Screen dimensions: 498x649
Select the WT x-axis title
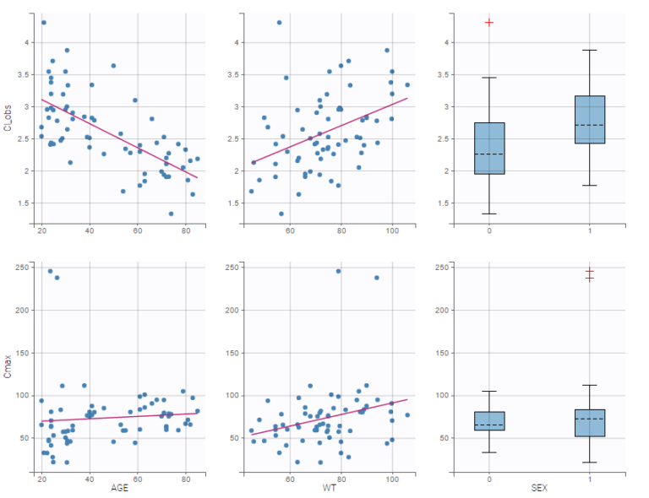pyautogui.click(x=328, y=489)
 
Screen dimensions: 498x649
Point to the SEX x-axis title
pyautogui.click(x=539, y=489)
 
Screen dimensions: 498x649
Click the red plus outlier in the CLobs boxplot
pyautogui.click(x=489, y=22)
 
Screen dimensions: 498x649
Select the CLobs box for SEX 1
pyautogui.click(x=590, y=119)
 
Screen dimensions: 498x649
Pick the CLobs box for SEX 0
pyautogui.click(x=489, y=149)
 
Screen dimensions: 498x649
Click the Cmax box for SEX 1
pyautogui.click(x=590, y=422)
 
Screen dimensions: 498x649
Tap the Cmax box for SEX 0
pyautogui.click(x=489, y=420)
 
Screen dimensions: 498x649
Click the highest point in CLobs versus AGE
pyautogui.click(x=44, y=22)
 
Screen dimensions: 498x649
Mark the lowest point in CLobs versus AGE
pyautogui.click(x=171, y=214)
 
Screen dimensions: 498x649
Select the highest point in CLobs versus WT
pyautogui.click(x=280, y=22)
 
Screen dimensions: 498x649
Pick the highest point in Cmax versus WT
pyautogui.click(x=339, y=271)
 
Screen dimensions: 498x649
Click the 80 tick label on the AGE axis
pyautogui.click(x=187, y=479)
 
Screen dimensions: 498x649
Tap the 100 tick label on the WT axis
pyautogui.click(x=392, y=479)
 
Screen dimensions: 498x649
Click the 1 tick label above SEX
pyautogui.click(x=590, y=479)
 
